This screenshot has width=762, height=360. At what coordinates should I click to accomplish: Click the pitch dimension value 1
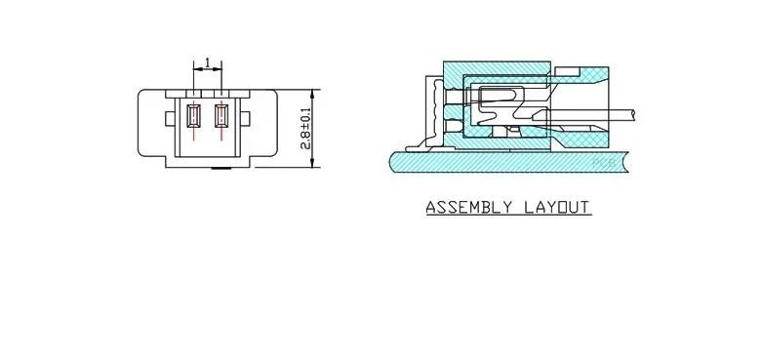click(208, 62)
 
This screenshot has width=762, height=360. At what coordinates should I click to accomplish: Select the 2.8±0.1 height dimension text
click(305, 129)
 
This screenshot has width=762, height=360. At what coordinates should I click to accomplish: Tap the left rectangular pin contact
click(194, 116)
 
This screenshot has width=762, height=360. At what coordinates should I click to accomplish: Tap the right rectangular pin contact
click(221, 116)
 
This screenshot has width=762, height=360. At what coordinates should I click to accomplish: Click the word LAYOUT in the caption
click(557, 208)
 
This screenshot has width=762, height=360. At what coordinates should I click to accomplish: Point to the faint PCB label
click(604, 163)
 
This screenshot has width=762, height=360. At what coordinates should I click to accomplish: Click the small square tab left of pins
click(170, 118)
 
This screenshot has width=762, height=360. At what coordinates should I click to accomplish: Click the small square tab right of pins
click(245, 118)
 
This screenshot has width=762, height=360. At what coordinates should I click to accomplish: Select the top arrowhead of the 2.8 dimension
click(312, 96)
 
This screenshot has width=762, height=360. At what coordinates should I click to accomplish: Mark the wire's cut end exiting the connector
click(633, 115)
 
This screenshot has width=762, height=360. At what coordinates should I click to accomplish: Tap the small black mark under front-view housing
click(221, 169)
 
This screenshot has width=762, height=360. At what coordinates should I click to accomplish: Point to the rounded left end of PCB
click(391, 162)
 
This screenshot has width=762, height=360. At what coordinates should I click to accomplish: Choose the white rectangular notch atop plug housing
click(568, 71)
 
